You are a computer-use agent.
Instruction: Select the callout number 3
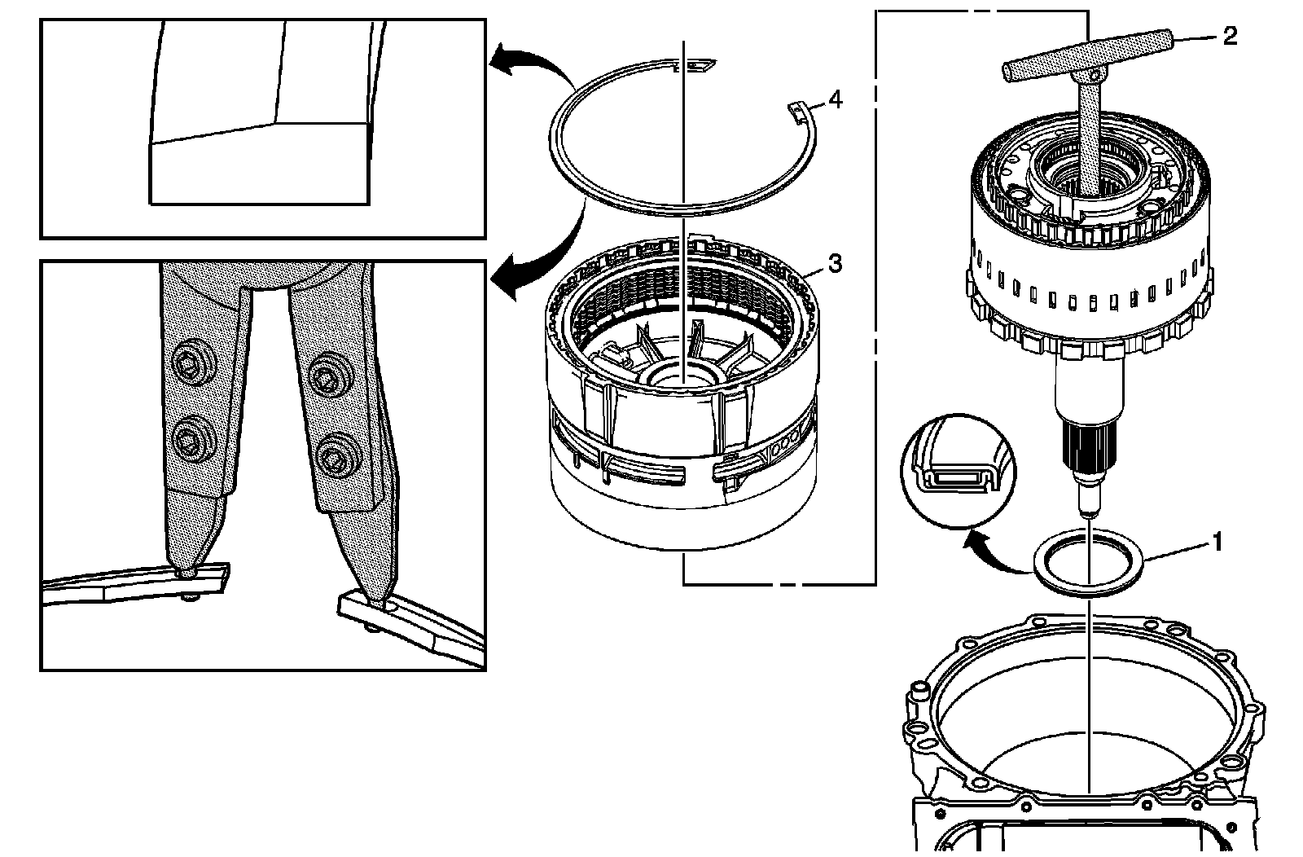tap(834, 263)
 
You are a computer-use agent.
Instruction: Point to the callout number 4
tap(835, 99)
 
